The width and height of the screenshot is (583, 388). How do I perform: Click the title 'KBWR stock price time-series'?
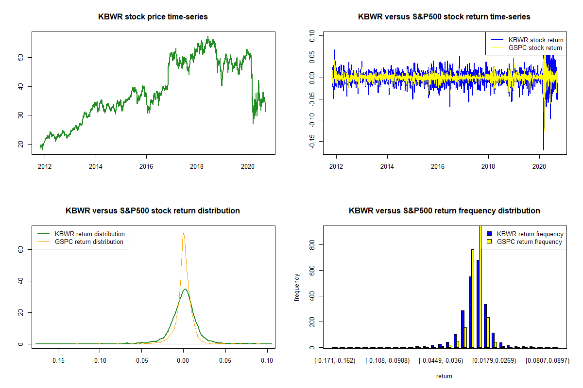coord(153,17)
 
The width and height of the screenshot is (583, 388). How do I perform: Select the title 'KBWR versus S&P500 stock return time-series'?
coord(444,17)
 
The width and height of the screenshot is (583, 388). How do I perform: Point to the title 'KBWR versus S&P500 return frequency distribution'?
coord(444,211)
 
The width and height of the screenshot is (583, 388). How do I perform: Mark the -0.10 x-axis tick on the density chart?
coord(100,360)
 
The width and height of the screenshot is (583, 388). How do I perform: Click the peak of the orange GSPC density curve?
coord(184,233)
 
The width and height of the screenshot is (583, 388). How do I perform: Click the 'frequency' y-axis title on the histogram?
coord(297,288)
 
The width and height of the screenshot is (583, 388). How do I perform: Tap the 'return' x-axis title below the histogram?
coord(444,376)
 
